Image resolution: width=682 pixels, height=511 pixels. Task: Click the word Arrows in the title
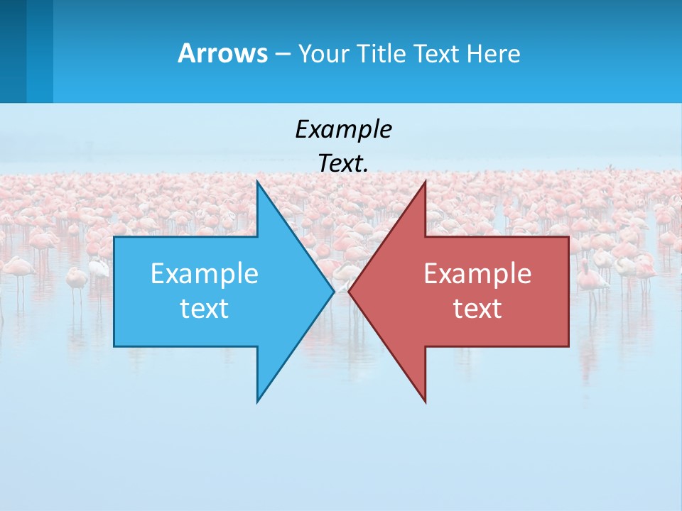[222, 53]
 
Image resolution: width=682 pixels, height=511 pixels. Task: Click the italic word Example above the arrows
[343, 130]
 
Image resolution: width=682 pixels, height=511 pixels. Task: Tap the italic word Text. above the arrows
[343, 164]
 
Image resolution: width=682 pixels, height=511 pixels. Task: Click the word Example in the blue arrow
[205, 274]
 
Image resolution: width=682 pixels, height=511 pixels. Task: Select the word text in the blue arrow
[205, 309]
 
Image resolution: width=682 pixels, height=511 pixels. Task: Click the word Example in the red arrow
[477, 274]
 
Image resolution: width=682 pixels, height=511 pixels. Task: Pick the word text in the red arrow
[477, 309]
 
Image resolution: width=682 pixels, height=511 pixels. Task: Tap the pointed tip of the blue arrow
[333, 291]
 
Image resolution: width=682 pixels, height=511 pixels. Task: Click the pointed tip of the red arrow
[350, 291]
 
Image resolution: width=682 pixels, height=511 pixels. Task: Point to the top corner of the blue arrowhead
[257, 182]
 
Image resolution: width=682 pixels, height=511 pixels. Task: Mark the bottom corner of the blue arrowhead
[257, 401]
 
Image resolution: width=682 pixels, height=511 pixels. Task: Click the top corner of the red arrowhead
[425, 182]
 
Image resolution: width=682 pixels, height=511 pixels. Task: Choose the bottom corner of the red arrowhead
[425, 402]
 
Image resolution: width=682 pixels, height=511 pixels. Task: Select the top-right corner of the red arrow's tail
[568, 237]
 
